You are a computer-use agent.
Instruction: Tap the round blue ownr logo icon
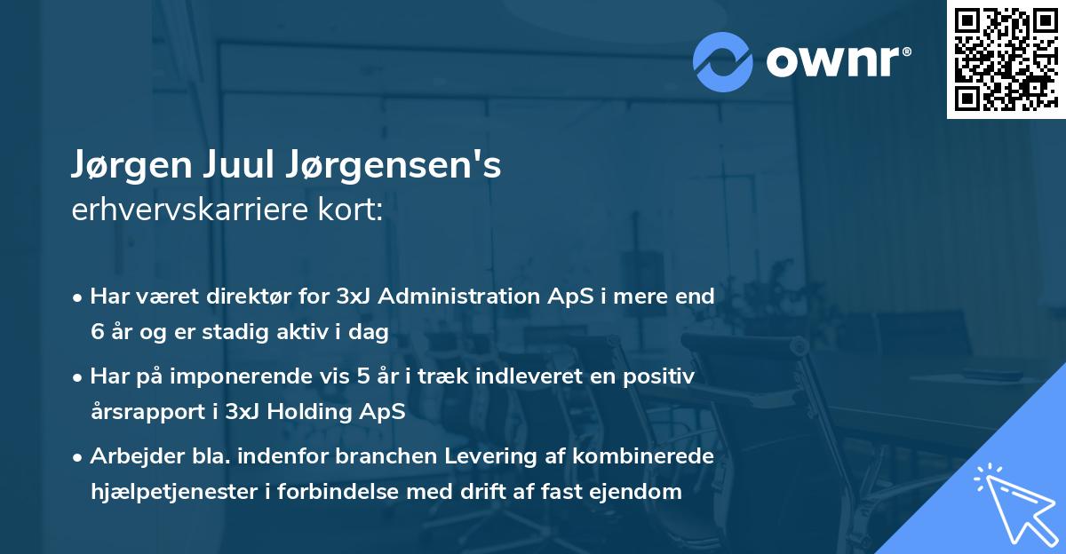click(724, 61)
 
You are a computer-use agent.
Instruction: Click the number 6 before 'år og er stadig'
click(97, 332)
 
